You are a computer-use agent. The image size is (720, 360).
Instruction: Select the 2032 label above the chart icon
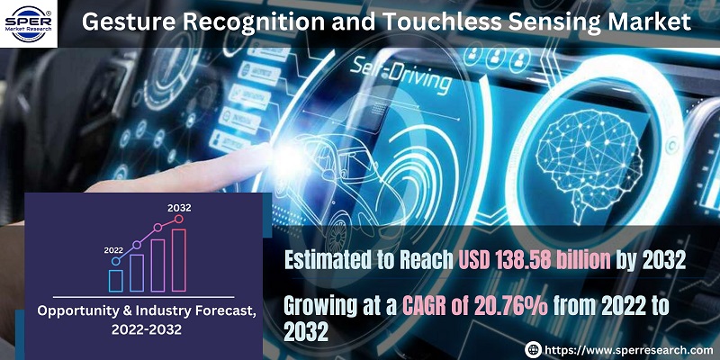click(179, 208)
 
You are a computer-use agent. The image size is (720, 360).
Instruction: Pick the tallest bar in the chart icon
click(178, 260)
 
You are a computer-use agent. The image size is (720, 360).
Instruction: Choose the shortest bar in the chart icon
click(116, 279)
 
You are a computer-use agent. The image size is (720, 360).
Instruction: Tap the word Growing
click(324, 305)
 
